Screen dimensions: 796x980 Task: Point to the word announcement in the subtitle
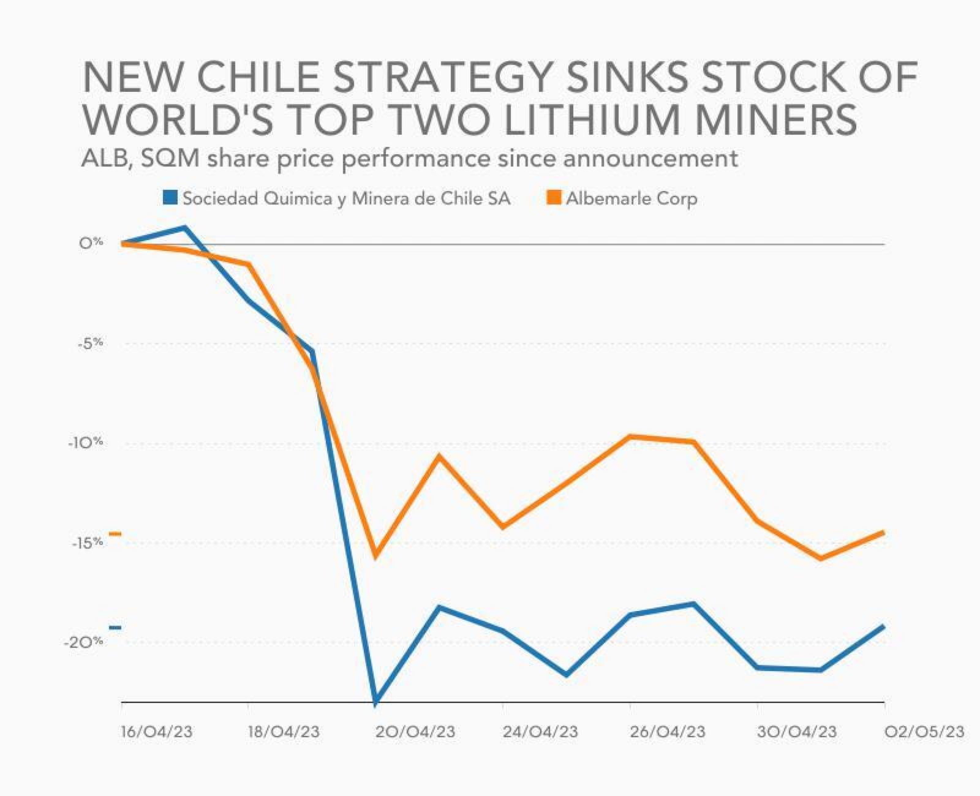point(650,159)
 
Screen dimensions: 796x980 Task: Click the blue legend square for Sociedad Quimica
point(170,198)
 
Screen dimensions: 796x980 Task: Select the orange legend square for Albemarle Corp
point(554,198)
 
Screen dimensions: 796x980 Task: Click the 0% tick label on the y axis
point(91,243)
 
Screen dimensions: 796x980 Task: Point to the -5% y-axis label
point(89,343)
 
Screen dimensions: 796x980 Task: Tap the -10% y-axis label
point(85,443)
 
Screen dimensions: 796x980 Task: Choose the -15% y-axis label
point(86,543)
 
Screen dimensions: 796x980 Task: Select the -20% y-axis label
point(83,642)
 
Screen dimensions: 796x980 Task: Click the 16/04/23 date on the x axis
point(157,731)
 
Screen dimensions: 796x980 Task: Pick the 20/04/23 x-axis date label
point(415,731)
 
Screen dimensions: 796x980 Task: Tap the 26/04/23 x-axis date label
point(668,731)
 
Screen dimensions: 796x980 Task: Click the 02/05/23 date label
point(924,731)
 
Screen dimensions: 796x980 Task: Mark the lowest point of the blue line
point(375,700)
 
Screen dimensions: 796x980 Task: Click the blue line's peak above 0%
point(185,228)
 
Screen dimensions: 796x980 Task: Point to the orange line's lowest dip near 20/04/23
point(375,555)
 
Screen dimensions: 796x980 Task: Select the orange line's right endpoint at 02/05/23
point(883,533)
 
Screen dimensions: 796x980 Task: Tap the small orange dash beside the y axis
point(115,535)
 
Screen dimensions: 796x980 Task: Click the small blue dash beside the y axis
point(115,628)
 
